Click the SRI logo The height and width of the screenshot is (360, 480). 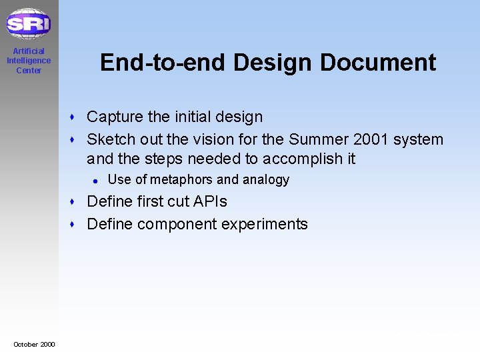point(29,24)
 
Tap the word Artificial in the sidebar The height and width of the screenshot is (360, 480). point(29,51)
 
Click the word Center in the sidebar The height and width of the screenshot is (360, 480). point(29,71)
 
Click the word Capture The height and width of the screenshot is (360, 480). point(115,117)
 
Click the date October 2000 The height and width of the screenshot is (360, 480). point(34,344)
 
